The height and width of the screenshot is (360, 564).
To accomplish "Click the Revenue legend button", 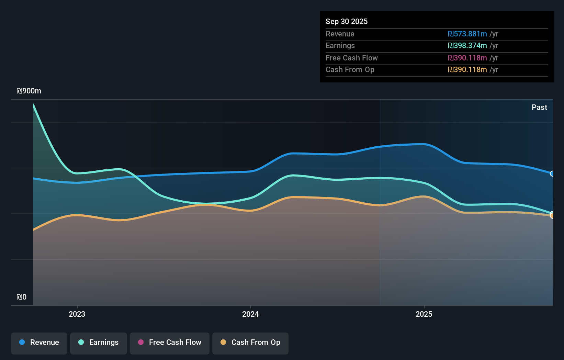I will click(x=39, y=343).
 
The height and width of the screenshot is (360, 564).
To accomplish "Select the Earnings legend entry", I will click(x=99, y=343).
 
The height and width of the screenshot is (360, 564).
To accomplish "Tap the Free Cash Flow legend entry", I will click(x=170, y=343).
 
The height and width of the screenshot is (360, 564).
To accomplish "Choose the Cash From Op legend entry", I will click(x=250, y=343).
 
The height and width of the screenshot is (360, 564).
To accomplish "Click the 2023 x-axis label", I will click(x=77, y=314).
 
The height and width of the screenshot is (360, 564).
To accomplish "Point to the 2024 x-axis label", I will click(x=250, y=314).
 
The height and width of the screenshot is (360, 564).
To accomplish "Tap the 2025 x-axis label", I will click(x=424, y=314).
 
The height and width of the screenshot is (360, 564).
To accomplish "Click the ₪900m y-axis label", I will click(x=29, y=91).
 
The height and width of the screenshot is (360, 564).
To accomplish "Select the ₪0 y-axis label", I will click(x=22, y=297).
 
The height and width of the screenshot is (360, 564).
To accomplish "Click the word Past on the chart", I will click(x=539, y=108).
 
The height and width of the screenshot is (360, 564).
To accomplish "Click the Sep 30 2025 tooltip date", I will click(x=347, y=22).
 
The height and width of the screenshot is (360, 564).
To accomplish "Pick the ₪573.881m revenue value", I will click(x=467, y=34).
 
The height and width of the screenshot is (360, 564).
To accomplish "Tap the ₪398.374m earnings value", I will click(x=467, y=46).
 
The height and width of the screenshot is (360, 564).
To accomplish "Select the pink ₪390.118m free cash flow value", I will click(x=467, y=58).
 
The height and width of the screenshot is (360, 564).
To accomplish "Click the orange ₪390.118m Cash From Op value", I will click(x=467, y=70).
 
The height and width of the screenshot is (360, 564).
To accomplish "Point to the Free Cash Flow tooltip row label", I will click(x=352, y=58).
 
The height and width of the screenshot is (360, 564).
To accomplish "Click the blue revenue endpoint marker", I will click(x=552, y=174).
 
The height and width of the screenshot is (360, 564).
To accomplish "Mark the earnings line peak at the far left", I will click(x=33, y=104).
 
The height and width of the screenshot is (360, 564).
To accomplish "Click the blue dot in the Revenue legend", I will click(x=22, y=342).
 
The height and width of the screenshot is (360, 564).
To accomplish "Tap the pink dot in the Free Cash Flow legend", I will click(x=141, y=342).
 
